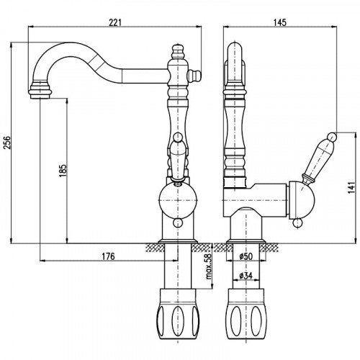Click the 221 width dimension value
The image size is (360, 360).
(115, 22)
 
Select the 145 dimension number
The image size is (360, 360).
(280, 22)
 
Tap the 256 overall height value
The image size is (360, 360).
(7, 143)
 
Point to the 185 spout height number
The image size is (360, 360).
(63, 171)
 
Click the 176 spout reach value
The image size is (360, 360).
(109, 256)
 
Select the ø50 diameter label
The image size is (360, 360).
(246, 256)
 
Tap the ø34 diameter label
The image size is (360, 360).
(246, 276)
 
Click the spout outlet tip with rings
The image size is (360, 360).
(40, 91)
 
